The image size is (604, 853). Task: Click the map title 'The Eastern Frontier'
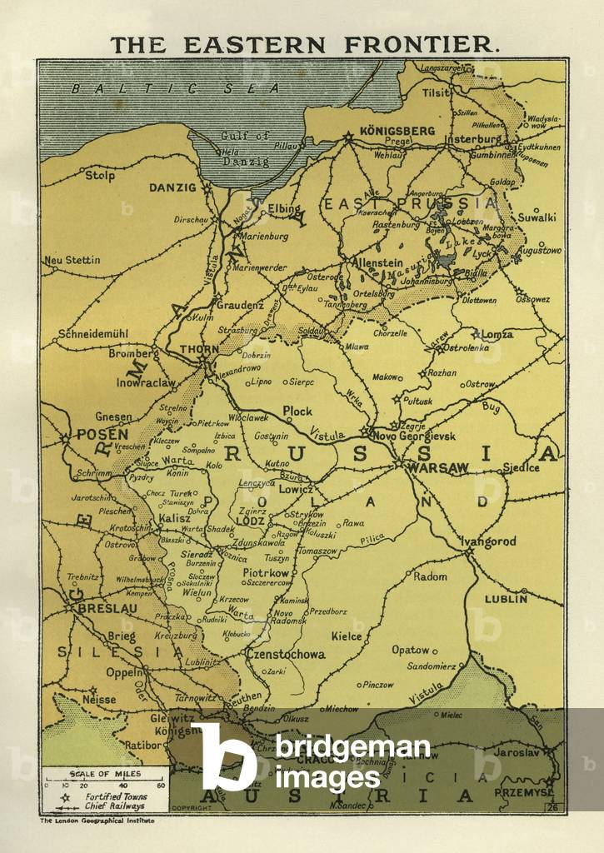pyautogui.click(x=305, y=45)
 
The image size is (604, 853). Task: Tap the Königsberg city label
pyautogui.click(x=397, y=131)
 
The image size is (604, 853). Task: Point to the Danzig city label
pyautogui.click(x=172, y=188)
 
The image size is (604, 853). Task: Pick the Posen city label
pyautogui.click(x=102, y=434)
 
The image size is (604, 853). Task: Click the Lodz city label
pyautogui.click(x=250, y=521)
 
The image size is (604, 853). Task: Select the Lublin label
pyautogui.click(x=507, y=598)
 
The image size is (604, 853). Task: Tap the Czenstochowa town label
pyautogui.click(x=286, y=654)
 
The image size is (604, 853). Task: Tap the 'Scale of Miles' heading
pyautogui.click(x=104, y=774)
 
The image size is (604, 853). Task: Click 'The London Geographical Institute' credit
pyautogui.click(x=97, y=821)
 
